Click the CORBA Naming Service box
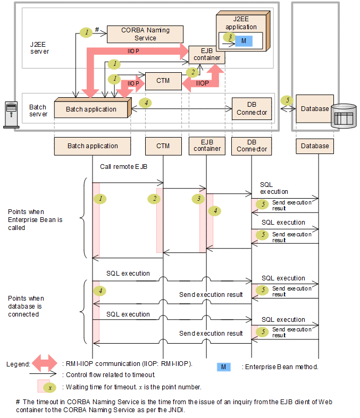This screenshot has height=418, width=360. point(145,34)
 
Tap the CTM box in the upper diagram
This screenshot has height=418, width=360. point(163,81)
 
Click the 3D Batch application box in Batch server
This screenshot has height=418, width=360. point(91,109)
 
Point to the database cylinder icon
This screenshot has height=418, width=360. point(342,115)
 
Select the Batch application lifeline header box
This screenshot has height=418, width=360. point(93,146)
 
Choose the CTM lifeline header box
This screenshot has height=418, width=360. point(163,146)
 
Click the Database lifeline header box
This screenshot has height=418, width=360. point(315,146)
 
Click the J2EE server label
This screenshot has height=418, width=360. point(39,48)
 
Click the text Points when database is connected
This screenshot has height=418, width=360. point(27,306)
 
